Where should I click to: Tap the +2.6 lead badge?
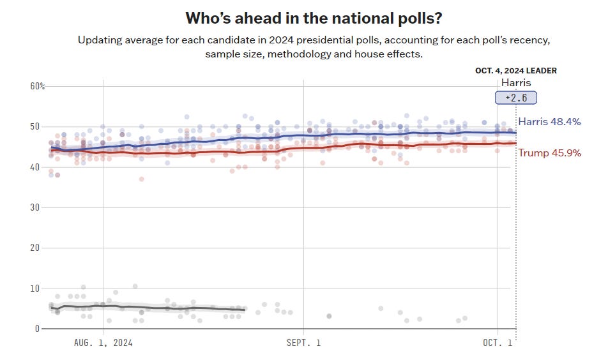coord(516,98)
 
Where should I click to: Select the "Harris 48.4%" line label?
coord(549,121)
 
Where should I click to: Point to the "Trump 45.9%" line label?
coord(549,153)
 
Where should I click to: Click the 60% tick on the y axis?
coord(38,86)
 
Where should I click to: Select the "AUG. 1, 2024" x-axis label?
coord(103,343)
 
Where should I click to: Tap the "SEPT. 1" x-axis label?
coord(303,343)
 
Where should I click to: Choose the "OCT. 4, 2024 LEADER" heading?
coord(516,71)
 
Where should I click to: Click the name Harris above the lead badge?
coord(516,82)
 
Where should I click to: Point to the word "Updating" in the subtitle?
coord(102,40)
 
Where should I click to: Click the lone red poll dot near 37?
coord(141,179)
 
